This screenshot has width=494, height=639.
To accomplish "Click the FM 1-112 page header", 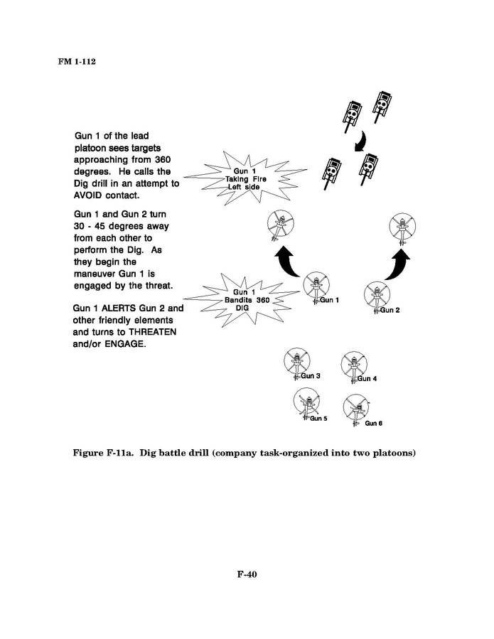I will coord(77,61).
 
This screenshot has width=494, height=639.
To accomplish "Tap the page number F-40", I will coord(247,575).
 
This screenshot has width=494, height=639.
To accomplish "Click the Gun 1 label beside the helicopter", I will coord(330,300).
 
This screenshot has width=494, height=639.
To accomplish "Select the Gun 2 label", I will coord(390,310).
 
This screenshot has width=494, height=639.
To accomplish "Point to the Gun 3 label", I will coord(311,375).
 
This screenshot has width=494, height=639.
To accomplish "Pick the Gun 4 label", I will coord(367,378).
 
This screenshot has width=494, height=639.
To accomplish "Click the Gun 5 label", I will coord(318,419).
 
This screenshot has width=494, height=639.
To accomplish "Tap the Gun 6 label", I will coord(374,424).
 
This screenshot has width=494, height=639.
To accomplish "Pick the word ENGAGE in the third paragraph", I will coord(125,345).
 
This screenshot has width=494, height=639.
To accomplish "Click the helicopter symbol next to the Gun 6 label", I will coord(353,408).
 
